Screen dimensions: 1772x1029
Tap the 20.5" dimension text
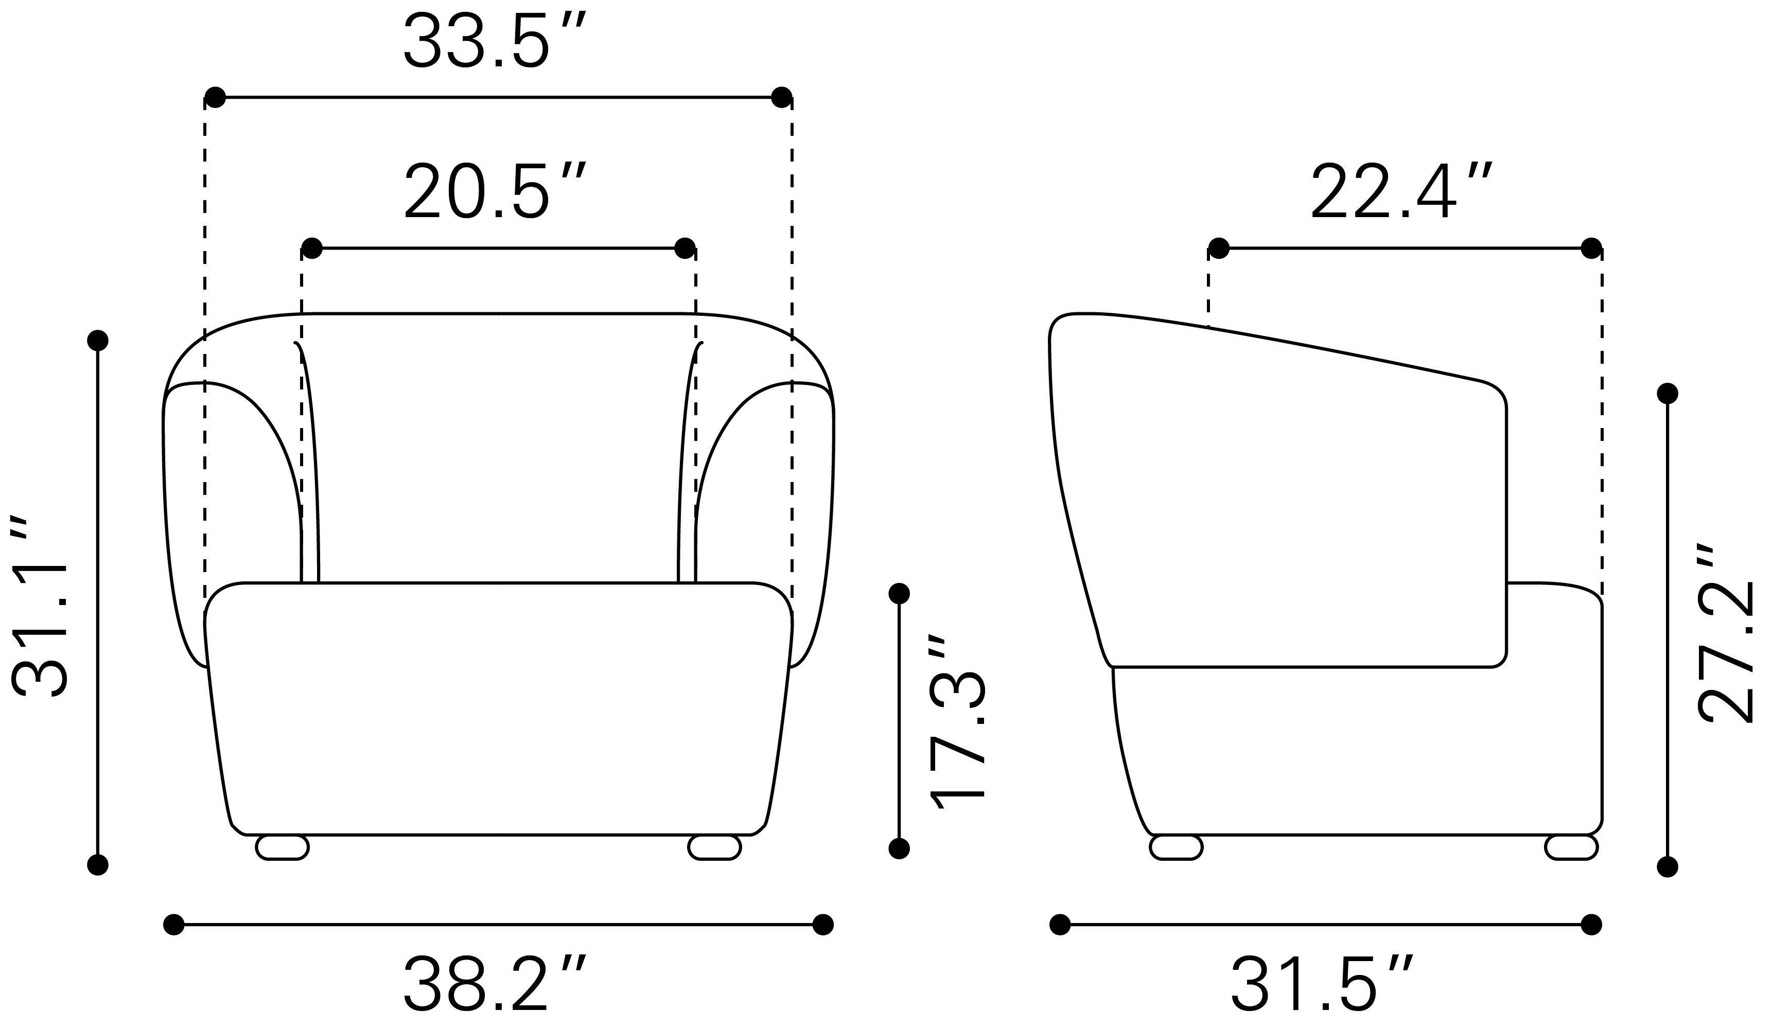[x=494, y=191]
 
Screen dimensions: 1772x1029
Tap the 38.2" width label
[x=494, y=984]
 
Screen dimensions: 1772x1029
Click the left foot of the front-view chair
[x=283, y=847]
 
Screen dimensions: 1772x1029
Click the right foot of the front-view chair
[x=714, y=847]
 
